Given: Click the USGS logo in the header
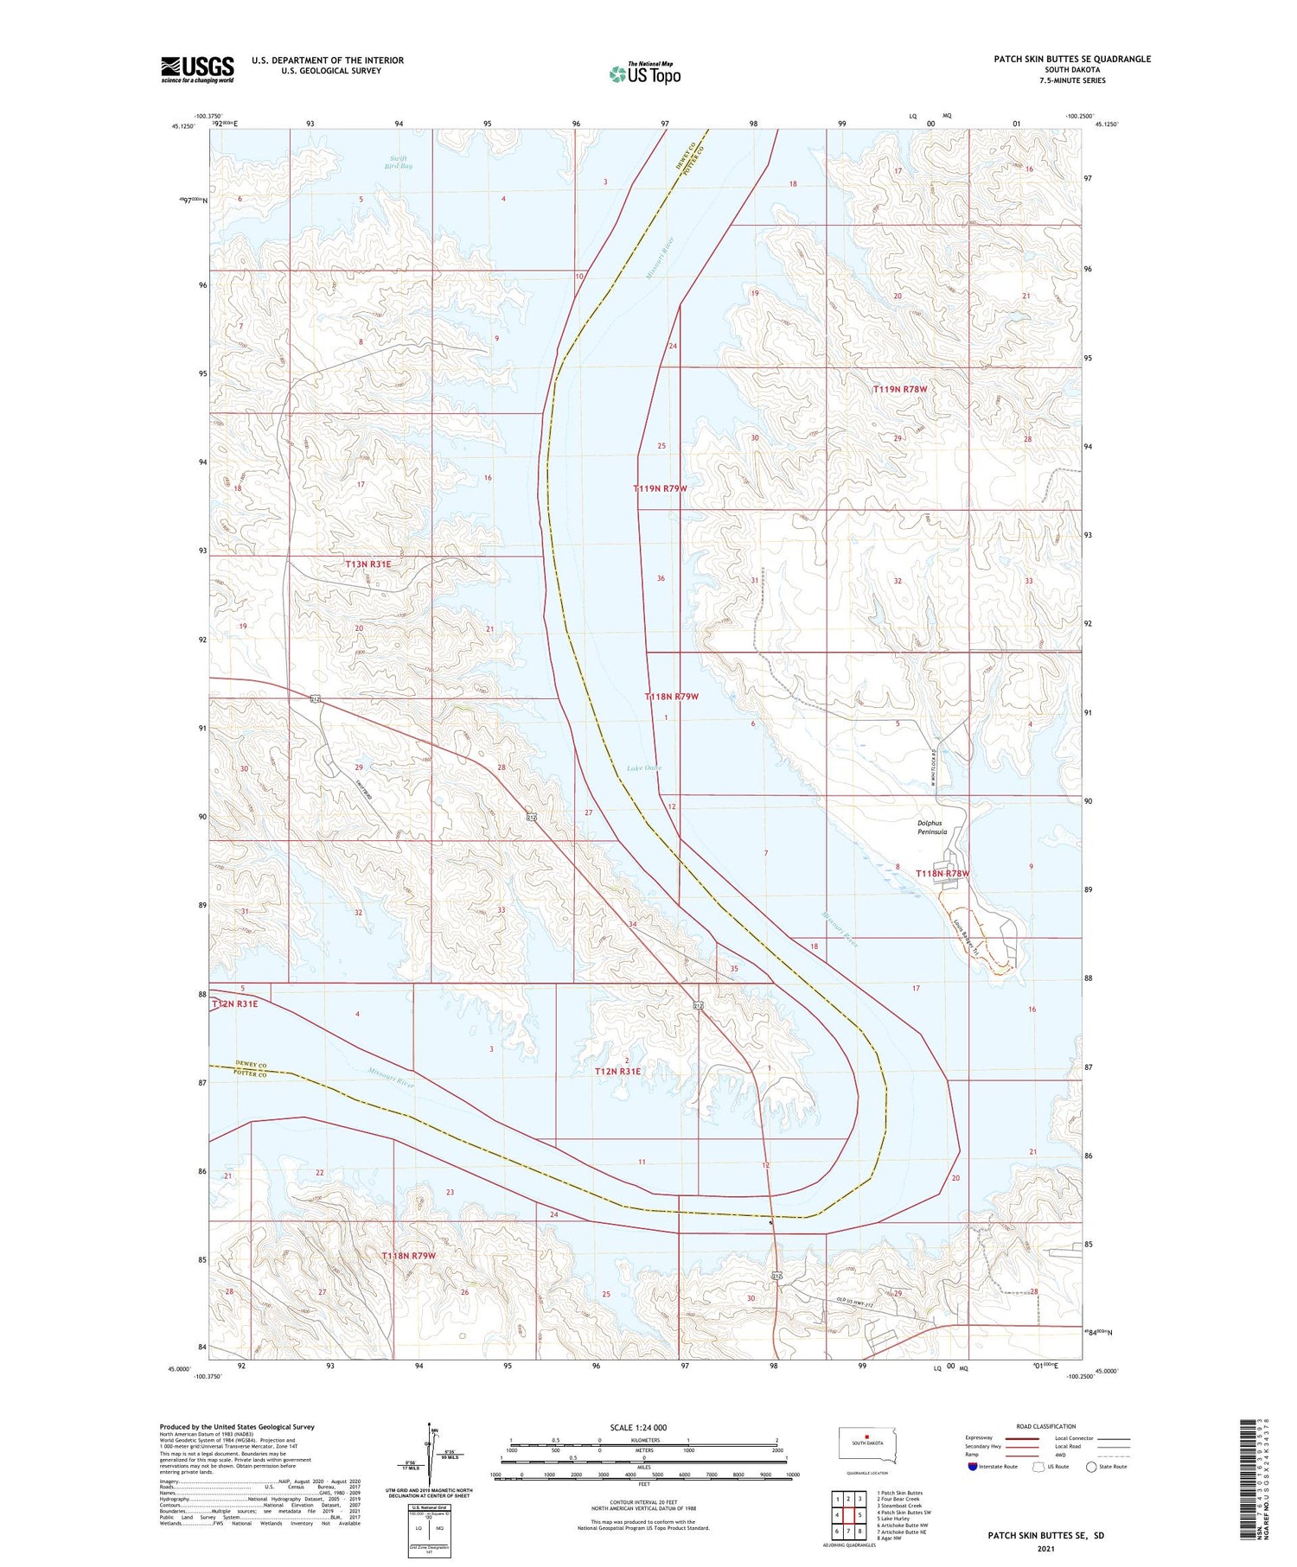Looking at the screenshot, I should tap(197, 68).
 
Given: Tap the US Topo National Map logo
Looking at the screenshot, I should tap(644, 73).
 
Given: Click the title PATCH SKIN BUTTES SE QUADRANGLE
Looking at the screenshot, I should tap(1071, 59).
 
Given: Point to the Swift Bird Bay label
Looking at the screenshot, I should tap(399, 162).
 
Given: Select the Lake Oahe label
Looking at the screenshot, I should tap(644, 768).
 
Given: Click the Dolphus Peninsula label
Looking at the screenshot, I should tap(932, 827).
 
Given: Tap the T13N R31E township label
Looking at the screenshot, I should tap(368, 564).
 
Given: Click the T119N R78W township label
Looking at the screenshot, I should tap(899, 389).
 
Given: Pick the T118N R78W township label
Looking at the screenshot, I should tap(942, 874).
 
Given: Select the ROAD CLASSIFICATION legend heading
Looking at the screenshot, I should tap(1046, 1426).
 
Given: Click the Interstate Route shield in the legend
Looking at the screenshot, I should tap(973, 1467).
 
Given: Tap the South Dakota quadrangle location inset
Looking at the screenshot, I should tap(867, 1444).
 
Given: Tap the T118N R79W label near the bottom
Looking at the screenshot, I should tap(409, 1255).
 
